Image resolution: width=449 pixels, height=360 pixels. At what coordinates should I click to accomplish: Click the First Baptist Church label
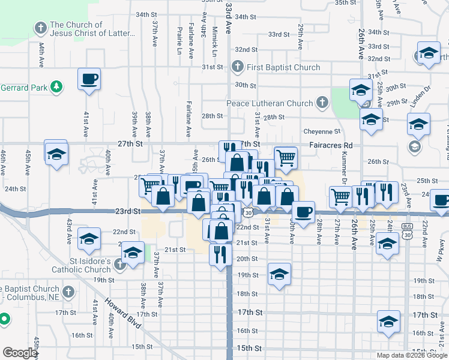tap(277, 67)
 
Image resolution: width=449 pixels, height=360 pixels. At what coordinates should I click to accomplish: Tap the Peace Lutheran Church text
tap(270, 103)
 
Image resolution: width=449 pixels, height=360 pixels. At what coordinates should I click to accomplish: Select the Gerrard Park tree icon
tap(56, 88)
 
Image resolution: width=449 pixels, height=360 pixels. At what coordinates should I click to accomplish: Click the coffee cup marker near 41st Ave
tap(89, 79)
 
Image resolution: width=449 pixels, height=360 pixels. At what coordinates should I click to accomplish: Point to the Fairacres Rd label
tap(331, 145)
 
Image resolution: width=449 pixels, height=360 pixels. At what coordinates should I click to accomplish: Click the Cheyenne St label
tap(322, 131)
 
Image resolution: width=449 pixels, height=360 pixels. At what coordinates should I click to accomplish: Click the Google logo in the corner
tap(20, 352)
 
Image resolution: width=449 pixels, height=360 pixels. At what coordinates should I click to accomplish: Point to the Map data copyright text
tap(412, 355)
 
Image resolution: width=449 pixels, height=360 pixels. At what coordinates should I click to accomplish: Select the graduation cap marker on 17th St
tap(388, 322)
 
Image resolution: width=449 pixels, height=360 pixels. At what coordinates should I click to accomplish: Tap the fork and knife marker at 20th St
tap(220, 254)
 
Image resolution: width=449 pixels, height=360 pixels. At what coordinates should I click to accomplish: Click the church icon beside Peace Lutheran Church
tap(322, 103)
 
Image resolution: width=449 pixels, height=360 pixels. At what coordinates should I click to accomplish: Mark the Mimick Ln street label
tap(214, 37)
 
